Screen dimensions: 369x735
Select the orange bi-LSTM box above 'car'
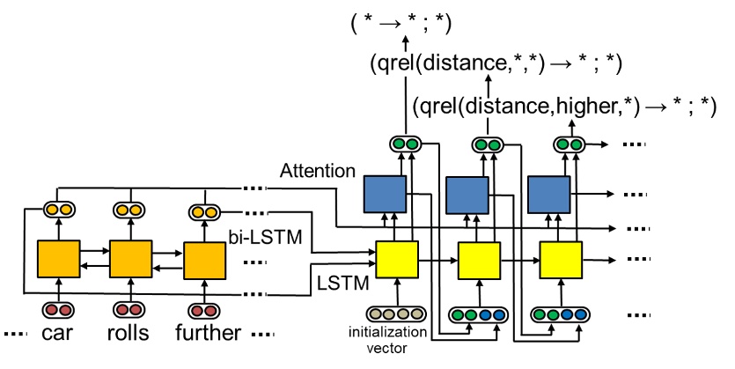(58, 259)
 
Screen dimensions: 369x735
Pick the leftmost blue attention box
(386, 195)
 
